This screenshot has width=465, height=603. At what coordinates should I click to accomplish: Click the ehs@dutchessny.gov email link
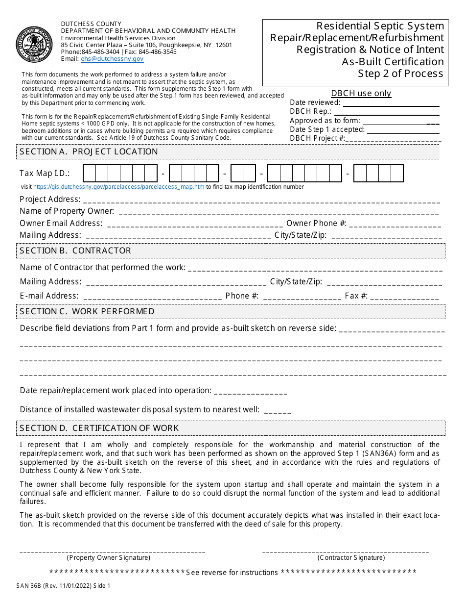[112, 59]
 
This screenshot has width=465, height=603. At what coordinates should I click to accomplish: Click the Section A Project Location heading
[89, 152]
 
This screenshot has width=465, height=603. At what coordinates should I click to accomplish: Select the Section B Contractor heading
[75, 251]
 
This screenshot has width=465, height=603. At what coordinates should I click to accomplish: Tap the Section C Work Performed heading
[87, 311]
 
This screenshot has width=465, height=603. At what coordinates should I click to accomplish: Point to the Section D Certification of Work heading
[99, 428]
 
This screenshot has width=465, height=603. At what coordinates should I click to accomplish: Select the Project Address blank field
[261, 200]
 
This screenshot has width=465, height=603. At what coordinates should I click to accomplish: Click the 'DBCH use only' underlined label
[361, 93]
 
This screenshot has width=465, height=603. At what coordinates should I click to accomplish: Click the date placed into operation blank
[251, 391]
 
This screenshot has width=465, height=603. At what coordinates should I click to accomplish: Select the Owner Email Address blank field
[194, 224]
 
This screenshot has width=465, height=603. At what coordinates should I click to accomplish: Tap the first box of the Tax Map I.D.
[89, 174]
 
